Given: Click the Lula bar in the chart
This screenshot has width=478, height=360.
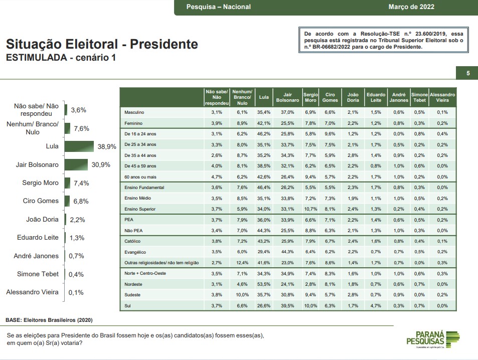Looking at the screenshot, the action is [x=79, y=146].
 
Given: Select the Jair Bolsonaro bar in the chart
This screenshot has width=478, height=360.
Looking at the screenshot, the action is [x=76, y=164].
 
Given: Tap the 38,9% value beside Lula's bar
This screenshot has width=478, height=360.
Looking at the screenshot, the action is [x=107, y=146].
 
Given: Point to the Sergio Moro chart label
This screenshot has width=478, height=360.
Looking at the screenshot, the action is [x=40, y=183].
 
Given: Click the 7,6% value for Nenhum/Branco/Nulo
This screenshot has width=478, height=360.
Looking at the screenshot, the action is [x=81, y=128].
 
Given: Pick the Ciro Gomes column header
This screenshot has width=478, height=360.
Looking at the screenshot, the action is [x=330, y=98].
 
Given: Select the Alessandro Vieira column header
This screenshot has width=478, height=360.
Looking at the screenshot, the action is [x=442, y=98].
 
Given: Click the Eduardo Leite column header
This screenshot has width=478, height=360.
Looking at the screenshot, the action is [x=376, y=98].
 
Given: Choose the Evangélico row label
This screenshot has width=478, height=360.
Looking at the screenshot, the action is [x=135, y=252].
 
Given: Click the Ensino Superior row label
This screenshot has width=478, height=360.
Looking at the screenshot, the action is [x=140, y=209].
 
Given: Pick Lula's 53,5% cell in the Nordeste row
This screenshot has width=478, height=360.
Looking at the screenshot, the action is [x=264, y=284].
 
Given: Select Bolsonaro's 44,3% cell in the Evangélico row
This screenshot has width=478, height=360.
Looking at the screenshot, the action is [x=287, y=252].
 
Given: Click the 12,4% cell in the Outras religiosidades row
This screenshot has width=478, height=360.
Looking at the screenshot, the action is [x=242, y=262].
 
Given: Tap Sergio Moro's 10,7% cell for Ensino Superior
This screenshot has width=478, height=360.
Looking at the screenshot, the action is [x=310, y=209].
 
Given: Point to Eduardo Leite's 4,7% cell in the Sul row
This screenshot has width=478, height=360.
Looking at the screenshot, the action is [x=376, y=305].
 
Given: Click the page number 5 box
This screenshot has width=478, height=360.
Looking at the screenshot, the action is [x=468, y=73].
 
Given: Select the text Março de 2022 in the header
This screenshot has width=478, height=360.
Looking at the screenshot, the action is [x=411, y=7].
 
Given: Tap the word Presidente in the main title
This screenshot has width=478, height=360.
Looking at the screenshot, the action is [x=164, y=44].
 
